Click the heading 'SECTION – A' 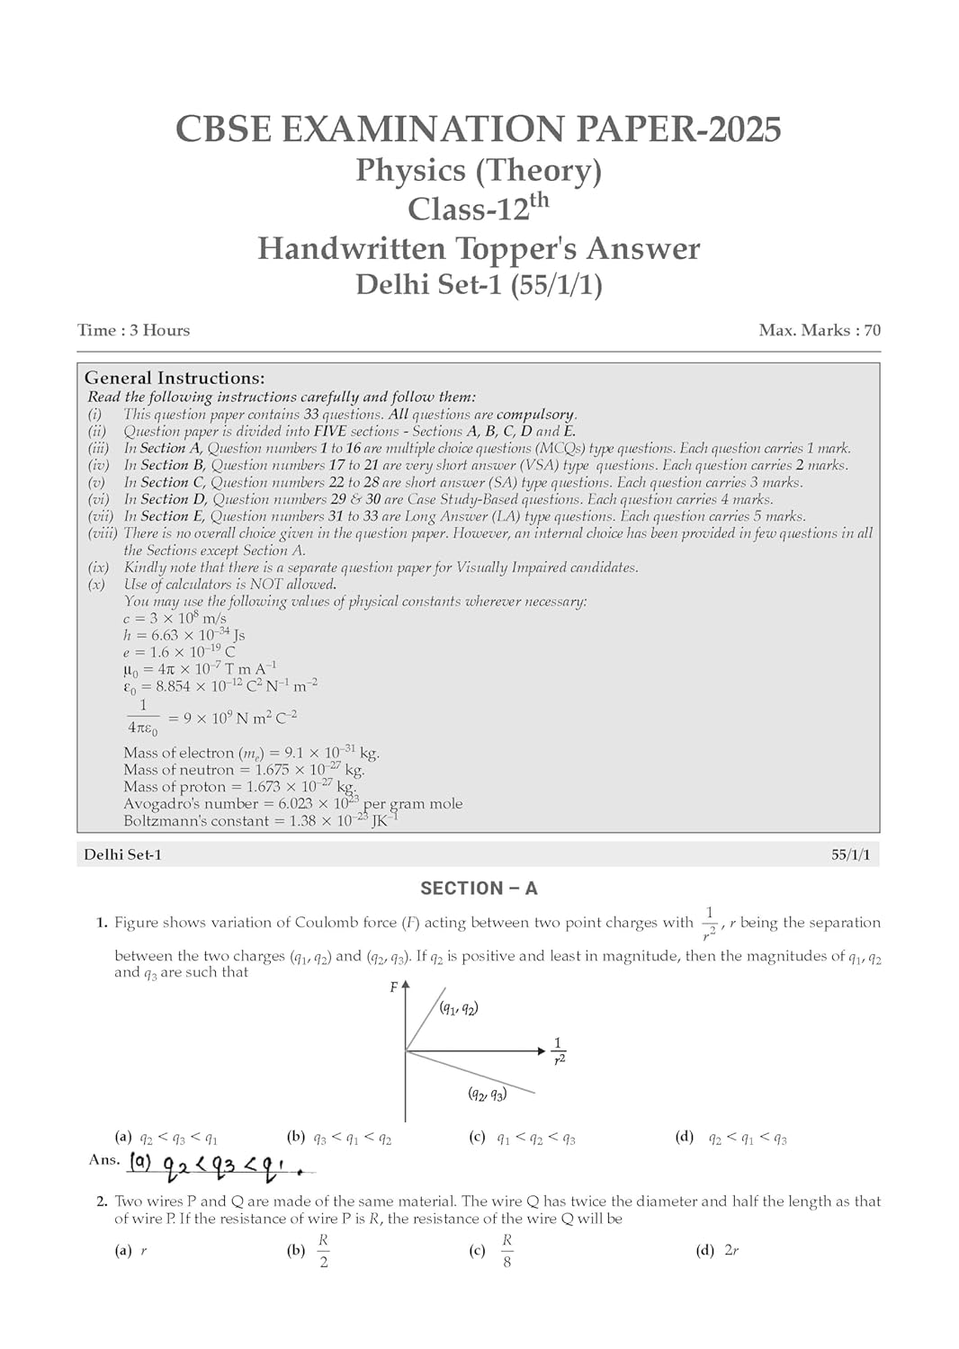point(479,889)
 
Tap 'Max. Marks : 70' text point(820,330)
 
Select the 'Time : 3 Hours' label point(134,330)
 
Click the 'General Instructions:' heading point(175,378)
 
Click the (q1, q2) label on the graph point(459,1008)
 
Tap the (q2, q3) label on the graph point(487,1094)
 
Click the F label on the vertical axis point(393,987)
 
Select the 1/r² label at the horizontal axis point(559,1050)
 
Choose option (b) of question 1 point(340,1139)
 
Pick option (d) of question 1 point(731,1139)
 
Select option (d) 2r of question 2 point(719,1250)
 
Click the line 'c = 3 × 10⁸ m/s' point(175,619)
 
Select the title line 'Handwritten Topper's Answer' point(479,248)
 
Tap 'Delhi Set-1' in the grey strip point(123,855)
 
